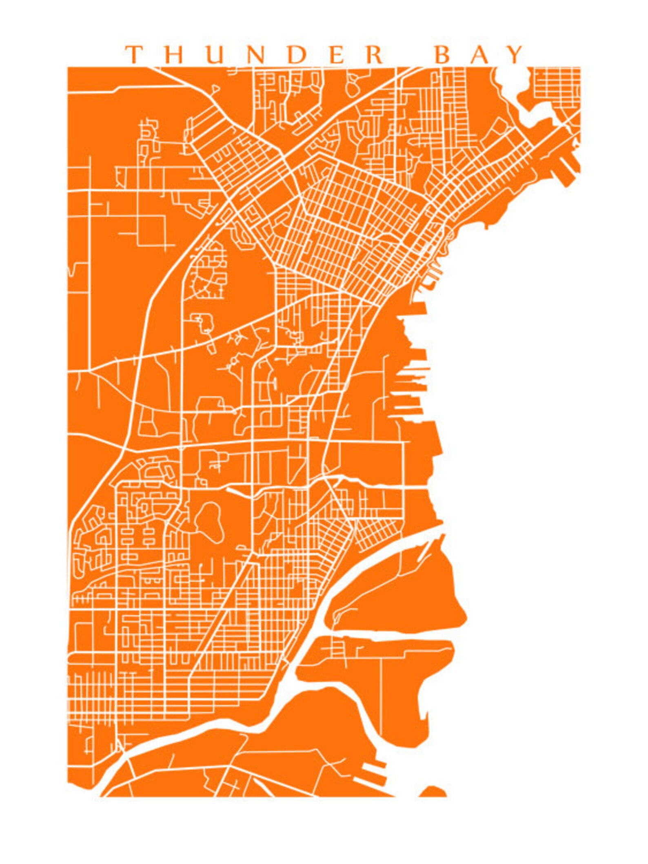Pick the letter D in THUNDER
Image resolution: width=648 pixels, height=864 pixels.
[297, 54]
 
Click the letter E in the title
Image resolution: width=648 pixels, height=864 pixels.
[337, 54]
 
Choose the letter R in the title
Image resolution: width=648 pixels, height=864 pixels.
[375, 54]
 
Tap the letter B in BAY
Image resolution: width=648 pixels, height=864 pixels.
[443, 54]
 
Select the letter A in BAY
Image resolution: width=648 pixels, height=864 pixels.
[480, 54]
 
